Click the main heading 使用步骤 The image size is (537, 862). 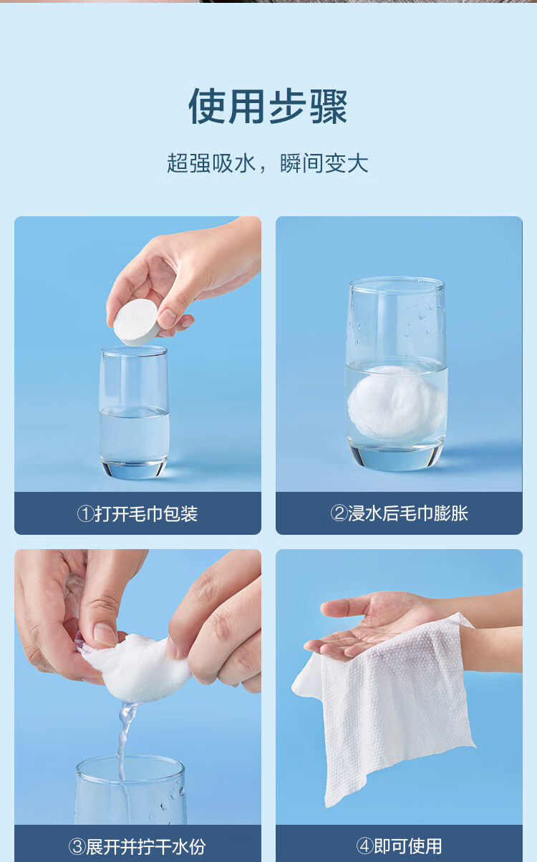click(268, 106)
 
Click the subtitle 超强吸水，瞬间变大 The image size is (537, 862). click(268, 163)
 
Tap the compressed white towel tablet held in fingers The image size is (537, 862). click(135, 321)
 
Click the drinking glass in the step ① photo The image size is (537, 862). click(134, 412)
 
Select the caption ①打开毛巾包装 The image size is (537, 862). click(137, 513)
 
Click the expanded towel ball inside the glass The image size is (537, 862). click(397, 402)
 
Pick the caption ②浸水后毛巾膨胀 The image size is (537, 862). click(400, 513)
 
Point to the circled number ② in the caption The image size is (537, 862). click(339, 513)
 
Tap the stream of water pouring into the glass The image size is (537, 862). click(124, 742)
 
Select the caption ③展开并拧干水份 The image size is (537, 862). click(137, 846)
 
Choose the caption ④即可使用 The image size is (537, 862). click(400, 846)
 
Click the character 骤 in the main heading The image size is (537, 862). click(329, 107)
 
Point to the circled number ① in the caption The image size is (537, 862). click(85, 513)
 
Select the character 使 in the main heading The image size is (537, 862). click(208, 107)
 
